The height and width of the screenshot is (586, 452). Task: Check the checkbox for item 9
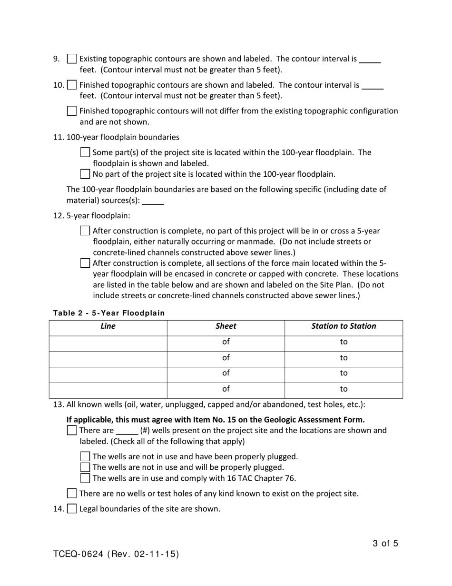71,59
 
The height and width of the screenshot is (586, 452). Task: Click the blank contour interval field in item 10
373,86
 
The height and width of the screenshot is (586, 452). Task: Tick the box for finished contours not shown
71,111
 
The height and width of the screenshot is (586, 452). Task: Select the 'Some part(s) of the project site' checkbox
85,152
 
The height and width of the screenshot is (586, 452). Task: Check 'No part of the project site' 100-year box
85,174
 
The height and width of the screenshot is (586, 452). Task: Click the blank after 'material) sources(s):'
153,201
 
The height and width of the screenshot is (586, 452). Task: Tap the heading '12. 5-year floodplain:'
91,215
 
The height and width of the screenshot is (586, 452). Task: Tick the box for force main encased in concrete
85,263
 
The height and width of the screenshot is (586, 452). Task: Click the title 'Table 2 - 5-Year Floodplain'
109,313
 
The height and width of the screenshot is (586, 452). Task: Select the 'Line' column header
108,326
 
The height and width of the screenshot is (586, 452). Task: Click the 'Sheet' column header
226,326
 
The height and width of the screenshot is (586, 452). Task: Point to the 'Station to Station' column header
344,326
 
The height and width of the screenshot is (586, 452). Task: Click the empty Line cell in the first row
108,342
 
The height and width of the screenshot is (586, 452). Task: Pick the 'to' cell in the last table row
344,389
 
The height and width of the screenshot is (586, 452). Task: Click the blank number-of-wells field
127,431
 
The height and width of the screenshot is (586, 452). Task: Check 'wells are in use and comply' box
85,478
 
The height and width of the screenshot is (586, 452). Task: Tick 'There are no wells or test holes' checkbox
71,494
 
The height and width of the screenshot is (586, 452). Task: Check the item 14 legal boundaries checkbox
71,509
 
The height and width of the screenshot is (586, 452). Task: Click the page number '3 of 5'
385,543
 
